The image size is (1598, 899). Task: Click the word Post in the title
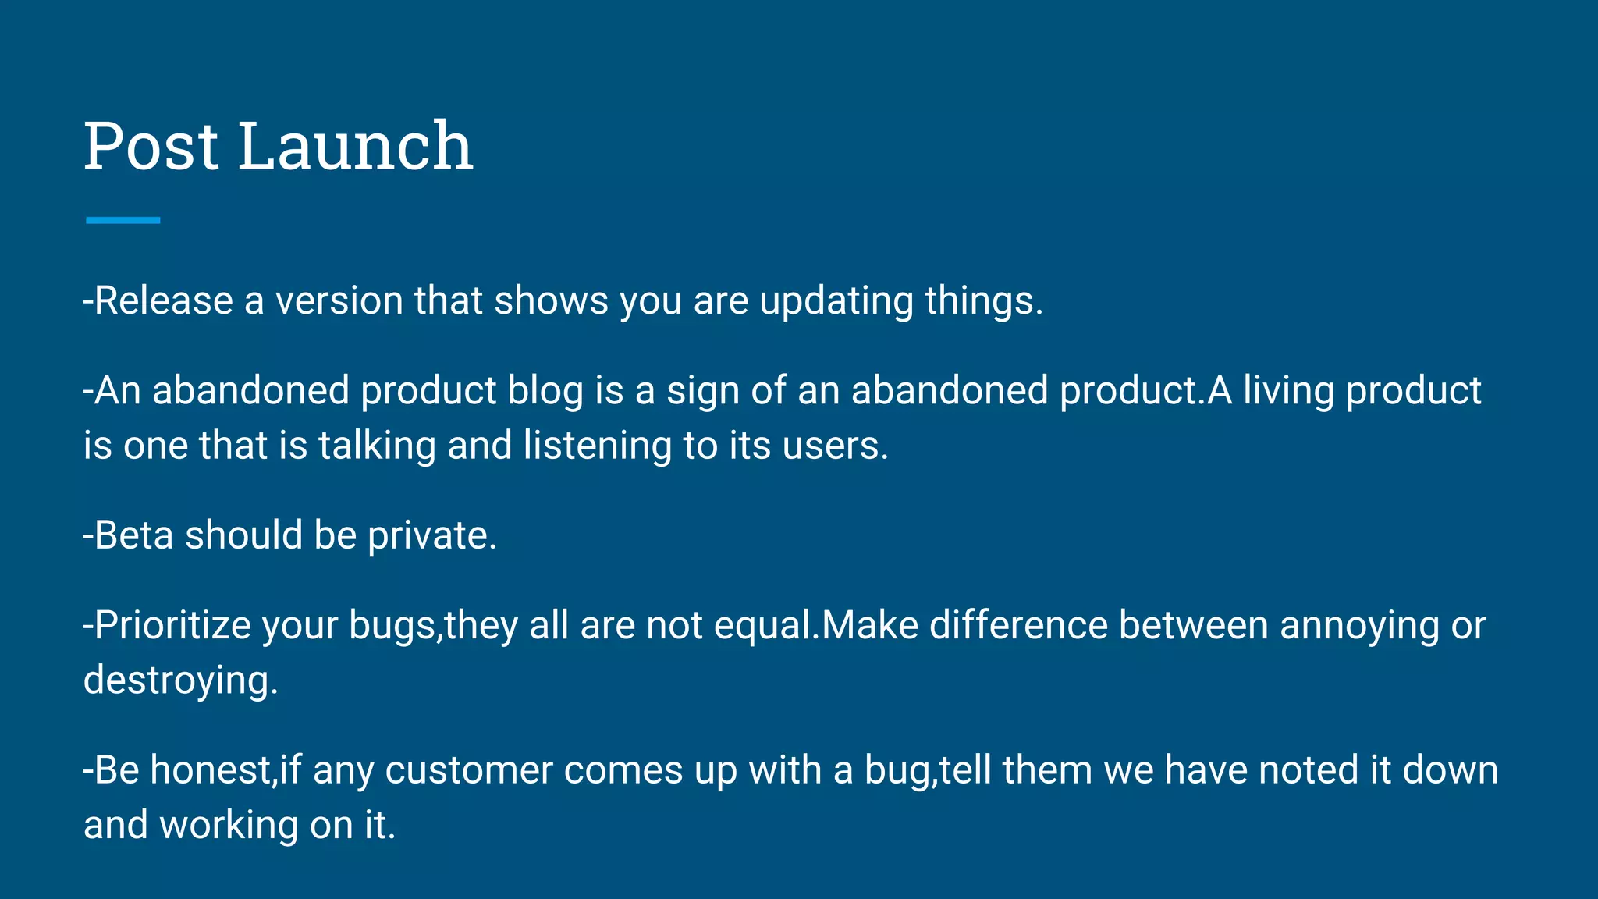click(151, 146)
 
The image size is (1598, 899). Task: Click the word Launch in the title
click(355, 146)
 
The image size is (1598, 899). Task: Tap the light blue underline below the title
click(123, 221)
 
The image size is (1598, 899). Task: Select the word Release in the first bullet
click(163, 301)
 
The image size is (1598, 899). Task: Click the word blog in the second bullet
click(545, 392)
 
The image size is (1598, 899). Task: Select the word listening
click(597, 447)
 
